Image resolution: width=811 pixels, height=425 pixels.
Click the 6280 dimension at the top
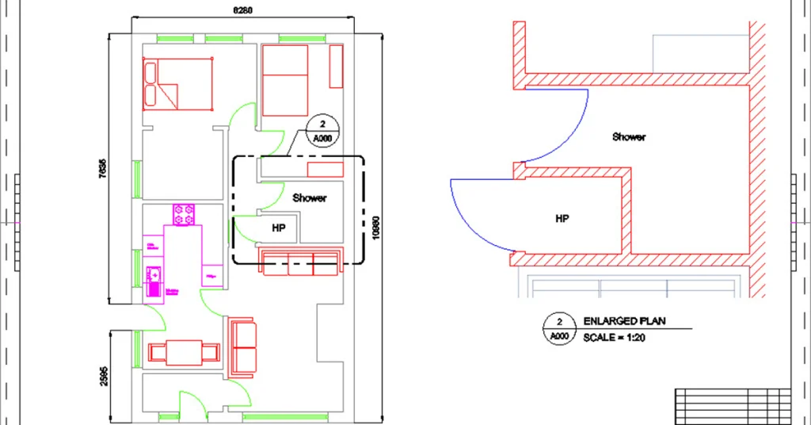click(242, 10)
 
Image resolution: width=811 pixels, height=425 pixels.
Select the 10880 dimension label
click(376, 228)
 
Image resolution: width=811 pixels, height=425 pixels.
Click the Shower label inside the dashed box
click(309, 197)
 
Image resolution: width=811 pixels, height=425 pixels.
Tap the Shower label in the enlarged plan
click(629, 136)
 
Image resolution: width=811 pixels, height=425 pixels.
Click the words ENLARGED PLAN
click(624, 322)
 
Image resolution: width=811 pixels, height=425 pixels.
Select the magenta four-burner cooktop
click(185, 214)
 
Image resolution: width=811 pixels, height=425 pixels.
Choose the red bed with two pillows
click(179, 84)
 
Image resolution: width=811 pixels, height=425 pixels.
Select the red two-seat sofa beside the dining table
click(242, 347)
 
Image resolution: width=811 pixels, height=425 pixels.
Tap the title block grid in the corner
click(732, 406)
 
